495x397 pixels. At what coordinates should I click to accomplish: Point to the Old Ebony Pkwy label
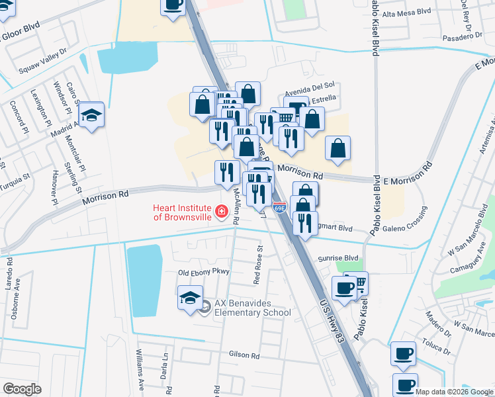pos(203,273)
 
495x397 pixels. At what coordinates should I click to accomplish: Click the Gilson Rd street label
pos(245,355)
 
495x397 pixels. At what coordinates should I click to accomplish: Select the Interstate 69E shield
pos(281,208)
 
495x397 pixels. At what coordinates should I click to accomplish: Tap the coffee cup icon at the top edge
pos(173,5)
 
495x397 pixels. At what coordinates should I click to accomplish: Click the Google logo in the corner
pos(22,388)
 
